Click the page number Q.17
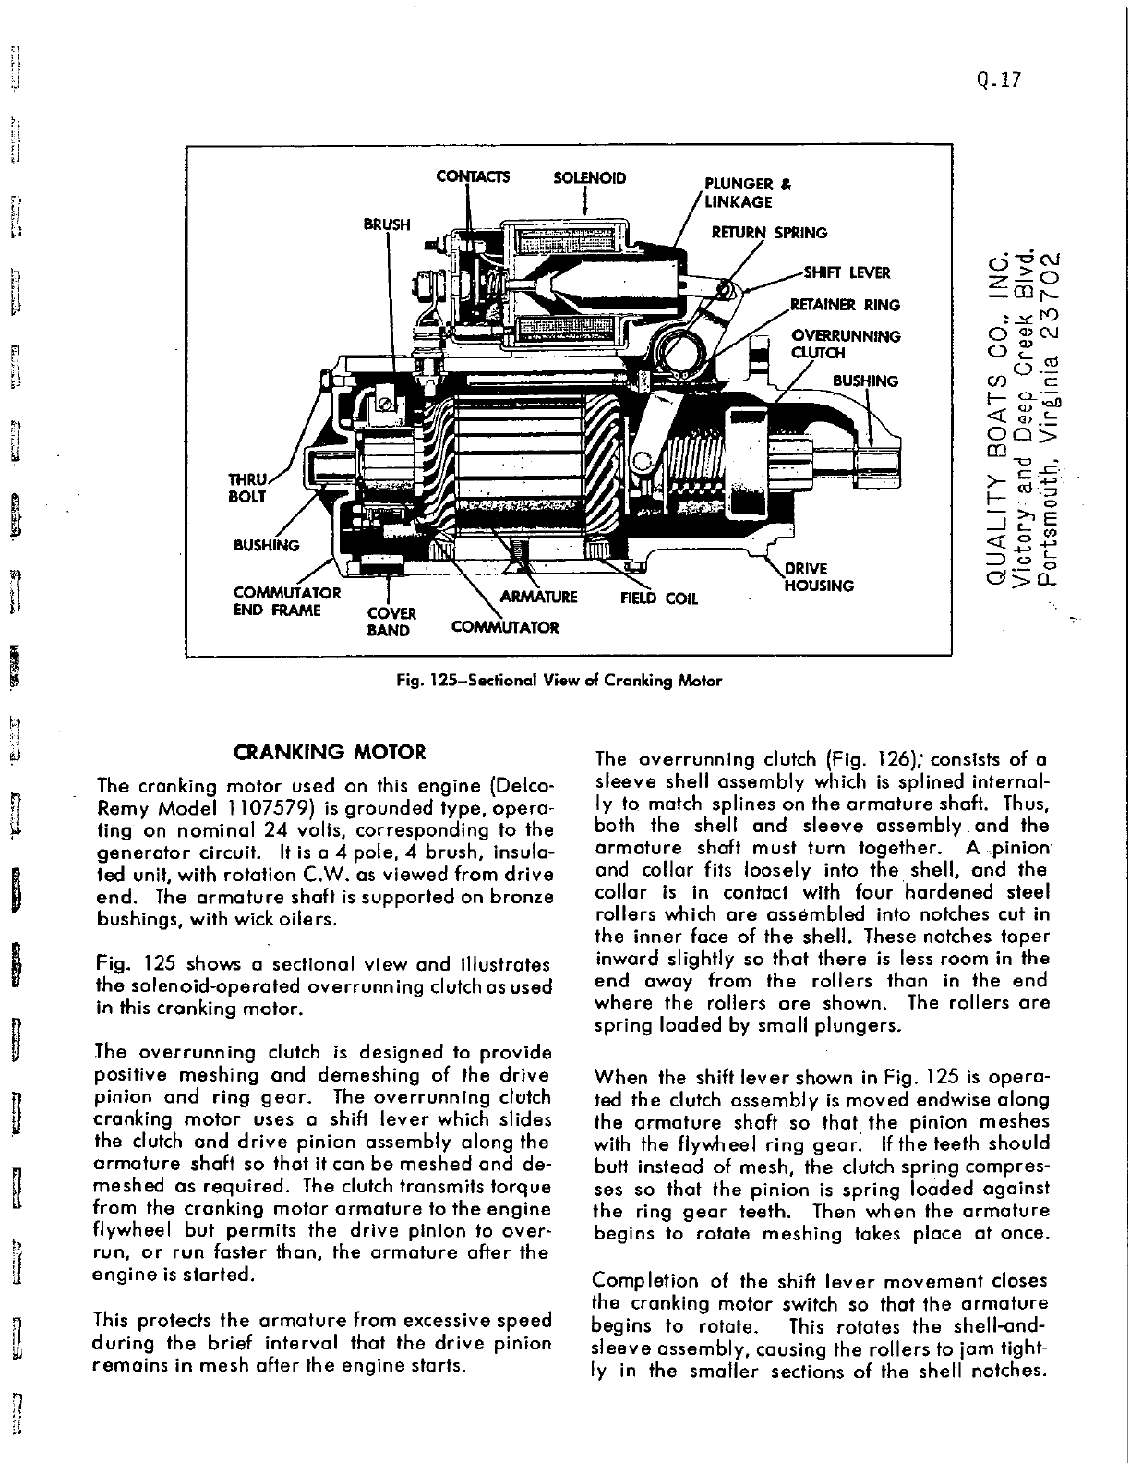(x=1002, y=79)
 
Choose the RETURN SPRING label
(x=769, y=233)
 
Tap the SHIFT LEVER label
(x=847, y=272)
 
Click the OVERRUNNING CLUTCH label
(x=846, y=344)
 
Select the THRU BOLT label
(x=247, y=488)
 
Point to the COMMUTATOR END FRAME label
(x=287, y=601)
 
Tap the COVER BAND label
(x=392, y=622)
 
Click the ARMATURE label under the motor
(x=537, y=597)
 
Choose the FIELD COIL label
(x=658, y=598)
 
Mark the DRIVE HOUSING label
(x=819, y=577)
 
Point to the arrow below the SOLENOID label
(x=587, y=203)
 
